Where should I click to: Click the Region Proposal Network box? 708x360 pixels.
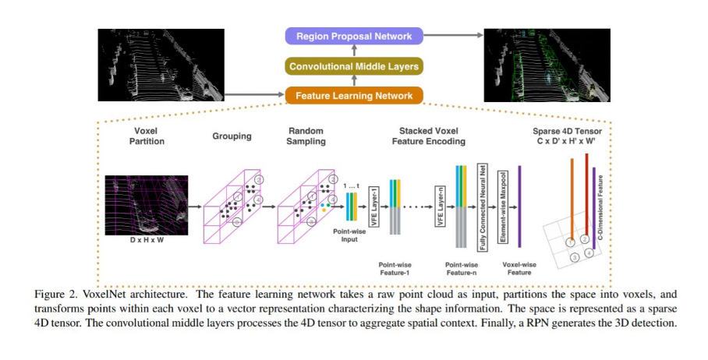tap(354, 36)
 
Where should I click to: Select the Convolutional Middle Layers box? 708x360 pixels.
tap(354, 66)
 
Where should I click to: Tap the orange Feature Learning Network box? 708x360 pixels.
tap(354, 96)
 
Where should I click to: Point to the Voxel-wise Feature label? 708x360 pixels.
tap(520, 269)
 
